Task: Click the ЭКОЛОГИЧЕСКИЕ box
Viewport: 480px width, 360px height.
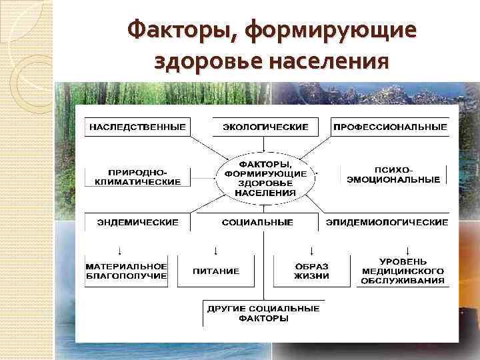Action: [x=265, y=127]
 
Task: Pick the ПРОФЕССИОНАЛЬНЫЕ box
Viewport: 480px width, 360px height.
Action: [x=390, y=127]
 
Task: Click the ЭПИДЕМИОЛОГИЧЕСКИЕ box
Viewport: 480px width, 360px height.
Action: [x=387, y=222]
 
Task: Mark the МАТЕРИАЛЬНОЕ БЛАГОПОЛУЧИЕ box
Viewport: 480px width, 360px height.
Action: [x=126, y=271]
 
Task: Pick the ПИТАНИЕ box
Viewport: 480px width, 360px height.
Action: [x=216, y=271]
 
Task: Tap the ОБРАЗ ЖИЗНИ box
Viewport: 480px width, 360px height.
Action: [x=311, y=271]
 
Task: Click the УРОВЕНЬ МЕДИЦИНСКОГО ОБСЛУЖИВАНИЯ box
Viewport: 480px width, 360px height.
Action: [x=403, y=271]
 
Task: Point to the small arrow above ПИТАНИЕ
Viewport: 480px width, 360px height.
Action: [x=216, y=251]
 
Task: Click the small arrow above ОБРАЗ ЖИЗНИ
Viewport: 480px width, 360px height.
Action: [x=311, y=251]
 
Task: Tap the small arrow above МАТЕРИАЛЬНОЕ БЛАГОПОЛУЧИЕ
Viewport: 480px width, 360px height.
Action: [x=119, y=251]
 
